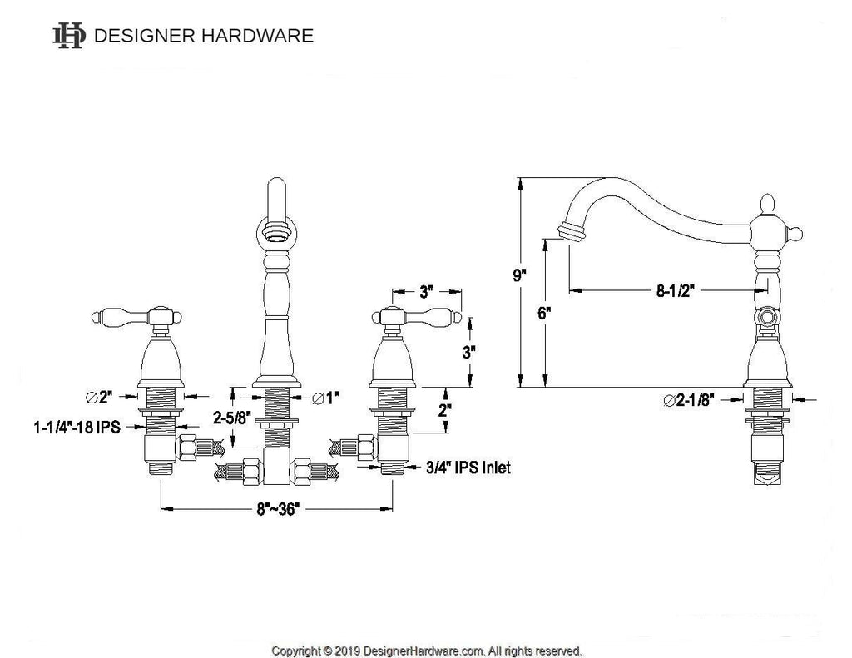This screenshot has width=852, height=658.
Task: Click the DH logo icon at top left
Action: point(68,36)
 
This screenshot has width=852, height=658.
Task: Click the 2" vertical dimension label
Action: point(444,410)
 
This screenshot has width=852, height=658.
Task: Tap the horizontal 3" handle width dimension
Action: point(428,292)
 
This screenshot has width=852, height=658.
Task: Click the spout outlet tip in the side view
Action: point(570,232)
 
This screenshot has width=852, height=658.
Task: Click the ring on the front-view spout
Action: point(276,230)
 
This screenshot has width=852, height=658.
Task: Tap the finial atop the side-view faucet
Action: point(768,204)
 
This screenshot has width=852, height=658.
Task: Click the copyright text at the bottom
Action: point(427,650)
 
